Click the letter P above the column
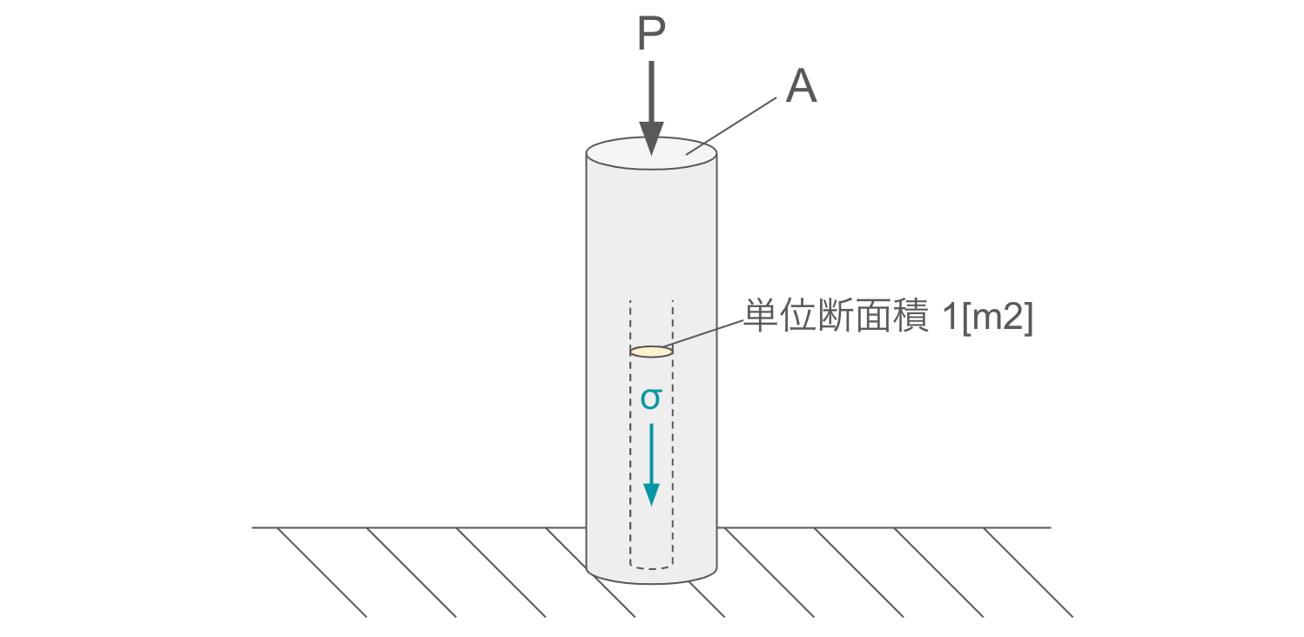(651, 36)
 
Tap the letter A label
(801, 88)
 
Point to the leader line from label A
(731, 125)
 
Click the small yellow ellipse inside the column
(651, 352)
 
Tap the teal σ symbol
(651, 399)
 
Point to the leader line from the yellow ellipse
(707, 337)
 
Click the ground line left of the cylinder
(418, 527)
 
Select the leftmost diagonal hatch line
(322, 573)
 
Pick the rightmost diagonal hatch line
(1028, 573)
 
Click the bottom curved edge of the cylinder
(651, 583)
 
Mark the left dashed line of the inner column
(630, 435)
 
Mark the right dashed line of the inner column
(673, 435)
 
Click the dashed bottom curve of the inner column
(651, 568)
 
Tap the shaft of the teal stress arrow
(651, 453)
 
